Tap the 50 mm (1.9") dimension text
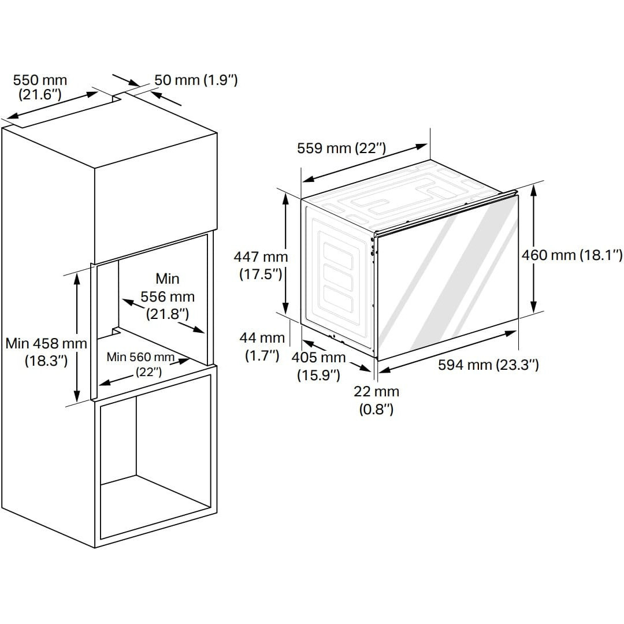(196, 80)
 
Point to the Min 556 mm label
(168, 296)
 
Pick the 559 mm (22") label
(341, 148)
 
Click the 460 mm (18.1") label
(572, 255)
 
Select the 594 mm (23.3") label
(488, 365)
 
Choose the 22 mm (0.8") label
(376, 400)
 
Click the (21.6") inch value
(40, 95)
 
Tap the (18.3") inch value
(46, 361)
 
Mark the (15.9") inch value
(318, 375)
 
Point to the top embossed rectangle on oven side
(338, 255)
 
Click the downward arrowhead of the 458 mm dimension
(77, 396)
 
